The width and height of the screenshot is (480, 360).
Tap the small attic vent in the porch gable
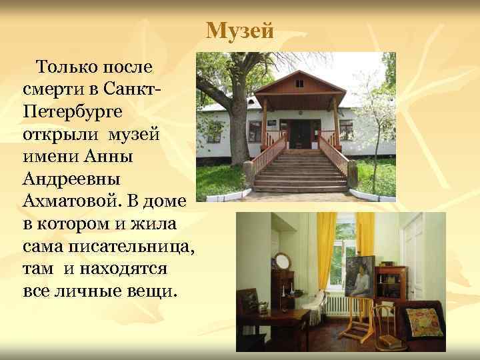coord(299,84)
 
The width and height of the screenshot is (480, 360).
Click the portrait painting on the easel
coord(361,277)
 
